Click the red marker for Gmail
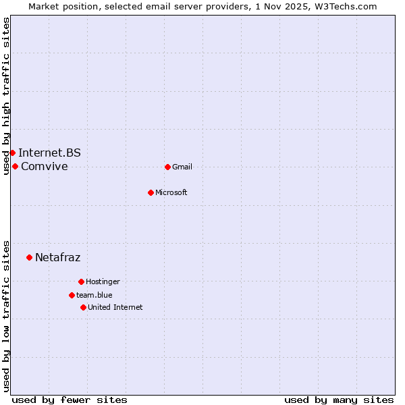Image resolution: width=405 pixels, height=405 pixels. pyautogui.click(x=167, y=167)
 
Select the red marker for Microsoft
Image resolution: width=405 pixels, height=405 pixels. pyautogui.click(x=151, y=192)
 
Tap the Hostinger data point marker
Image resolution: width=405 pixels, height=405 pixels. pyautogui.click(x=81, y=281)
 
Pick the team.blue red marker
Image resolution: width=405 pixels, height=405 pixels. pyautogui.click(x=72, y=295)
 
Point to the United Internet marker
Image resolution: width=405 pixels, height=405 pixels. pyautogui.click(x=83, y=307)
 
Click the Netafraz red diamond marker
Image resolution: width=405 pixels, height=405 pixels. pyautogui.click(x=29, y=257)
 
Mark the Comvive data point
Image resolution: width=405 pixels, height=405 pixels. pyautogui.click(x=15, y=166)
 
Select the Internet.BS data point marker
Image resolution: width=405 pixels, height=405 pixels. pyautogui.click(x=12, y=153)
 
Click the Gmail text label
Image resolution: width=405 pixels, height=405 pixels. pyautogui.click(x=182, y=167)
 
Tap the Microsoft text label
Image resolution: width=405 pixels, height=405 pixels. pyautogui.click(x=171, y=192)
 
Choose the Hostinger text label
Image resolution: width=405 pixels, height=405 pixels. pyautogui.click(x=103, y=281)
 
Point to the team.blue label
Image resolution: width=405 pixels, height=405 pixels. pyautogui.click(x=94, y=295)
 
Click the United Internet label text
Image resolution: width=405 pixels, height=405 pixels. pyautogui.click(x=115, y=307)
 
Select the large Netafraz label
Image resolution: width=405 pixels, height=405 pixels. pyautogui.click(x=58, y=257)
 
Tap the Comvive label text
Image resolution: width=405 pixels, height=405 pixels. pyautogui.click(x=45, y=166)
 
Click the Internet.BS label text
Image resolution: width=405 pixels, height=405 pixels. pyautogui.click(x=49, y=153)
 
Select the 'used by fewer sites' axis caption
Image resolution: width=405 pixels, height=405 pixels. pyautogui.click(x=70, y=400)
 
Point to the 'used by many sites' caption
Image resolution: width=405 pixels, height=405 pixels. pyautogui.click(x=339, y=400)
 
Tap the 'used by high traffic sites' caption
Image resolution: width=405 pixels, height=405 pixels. pyautogui.click(x=6, y=96)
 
